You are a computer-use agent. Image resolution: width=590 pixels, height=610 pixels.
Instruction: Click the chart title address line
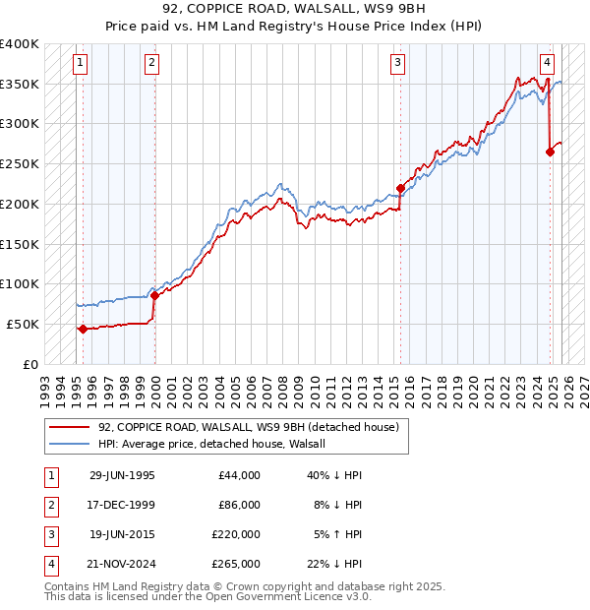(x=294, y=10)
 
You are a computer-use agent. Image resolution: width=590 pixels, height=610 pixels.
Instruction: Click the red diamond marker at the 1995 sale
(x=83, y=330)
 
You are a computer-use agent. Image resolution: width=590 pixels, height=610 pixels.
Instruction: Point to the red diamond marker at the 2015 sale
(x=400, y=188)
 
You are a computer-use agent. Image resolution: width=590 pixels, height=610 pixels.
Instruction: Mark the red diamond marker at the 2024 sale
(x=550, y=152)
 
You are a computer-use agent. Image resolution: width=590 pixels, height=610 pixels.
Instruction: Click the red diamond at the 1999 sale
(x=154, y=295)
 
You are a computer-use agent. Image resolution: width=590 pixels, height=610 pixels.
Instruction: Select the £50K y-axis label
(x=23, y=324)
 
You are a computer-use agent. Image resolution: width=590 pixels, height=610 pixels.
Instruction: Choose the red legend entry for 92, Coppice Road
(x=247, y=427)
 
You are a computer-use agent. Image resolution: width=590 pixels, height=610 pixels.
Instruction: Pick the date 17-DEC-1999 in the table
(x=122, y=505)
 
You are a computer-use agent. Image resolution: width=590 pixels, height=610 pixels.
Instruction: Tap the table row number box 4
(x=48, y=564)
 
